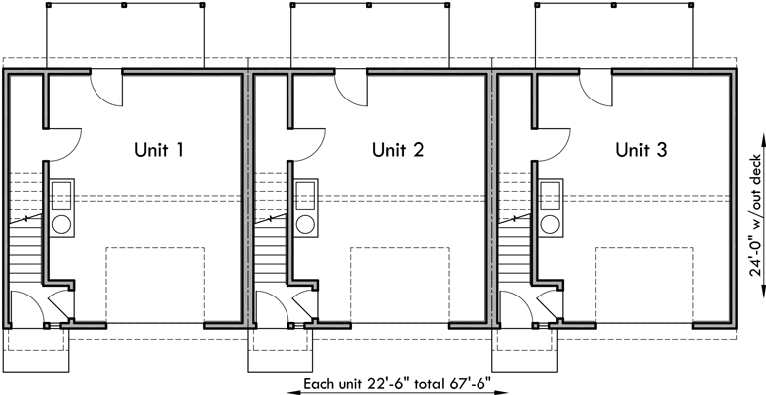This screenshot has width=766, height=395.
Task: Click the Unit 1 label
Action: pos(159,151)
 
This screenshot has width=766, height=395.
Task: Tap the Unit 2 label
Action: pos(398,151)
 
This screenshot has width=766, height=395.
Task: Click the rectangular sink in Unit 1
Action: pos(62,192)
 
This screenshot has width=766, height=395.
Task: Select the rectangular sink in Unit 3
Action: pos(549,192)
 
